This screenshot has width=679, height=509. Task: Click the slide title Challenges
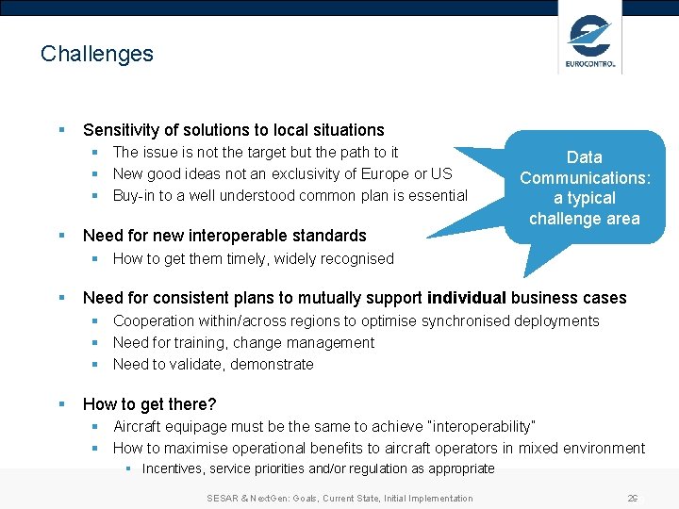click(x=96, y=54)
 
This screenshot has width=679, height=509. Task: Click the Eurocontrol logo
click(x=590, y=41)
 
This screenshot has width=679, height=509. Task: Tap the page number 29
click(x=632, y=498)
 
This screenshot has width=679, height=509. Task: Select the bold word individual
click(x=466, y=298)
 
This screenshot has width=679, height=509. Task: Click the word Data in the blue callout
click(x=584, y=157)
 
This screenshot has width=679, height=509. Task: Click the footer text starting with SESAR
click(x=339, y=498)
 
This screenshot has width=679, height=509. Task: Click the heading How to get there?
click(x=149, y=404)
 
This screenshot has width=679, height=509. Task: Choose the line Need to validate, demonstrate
click(x=213, y=364)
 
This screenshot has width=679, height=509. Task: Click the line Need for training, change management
click(x=243, y=342)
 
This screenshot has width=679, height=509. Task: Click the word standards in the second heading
click(x=331, y=236)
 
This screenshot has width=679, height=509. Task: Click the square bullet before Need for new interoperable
click(x=61, y=236)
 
